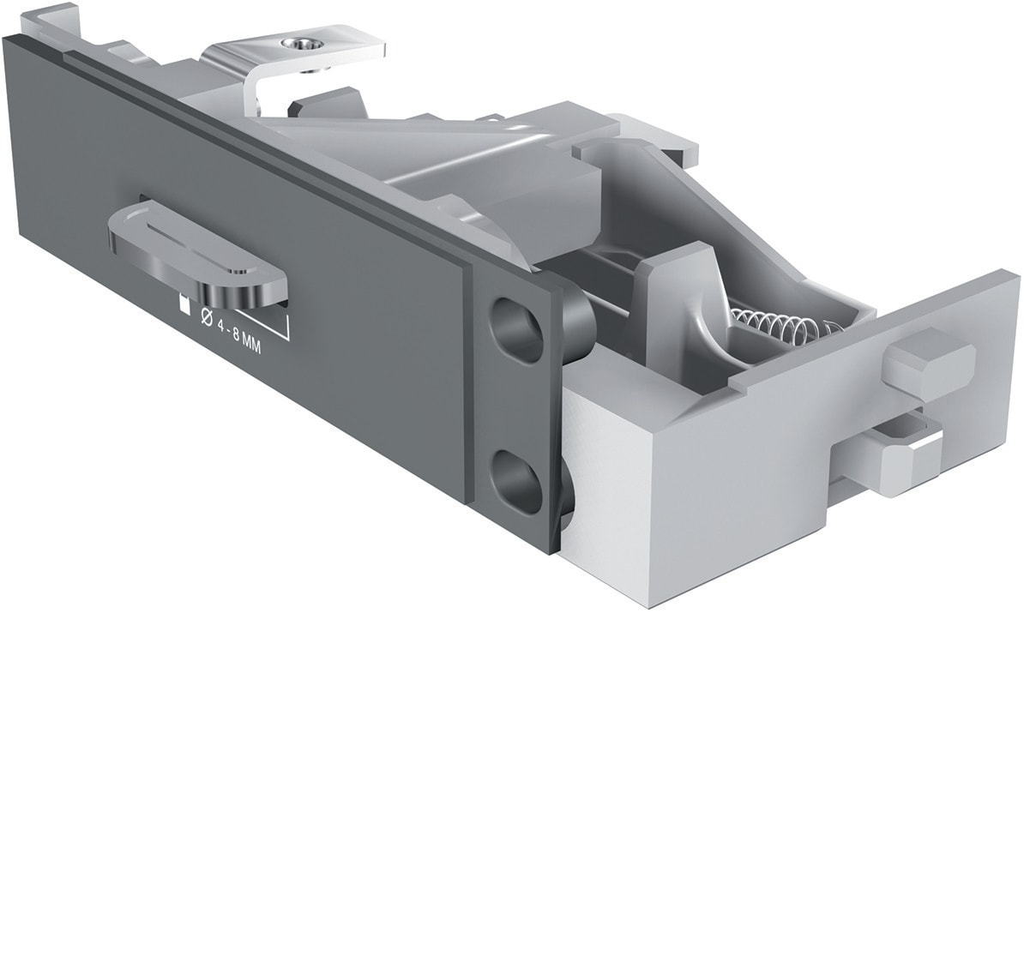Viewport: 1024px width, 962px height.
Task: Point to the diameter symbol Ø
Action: point(206,316)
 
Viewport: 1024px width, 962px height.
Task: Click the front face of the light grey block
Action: point(738,489)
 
